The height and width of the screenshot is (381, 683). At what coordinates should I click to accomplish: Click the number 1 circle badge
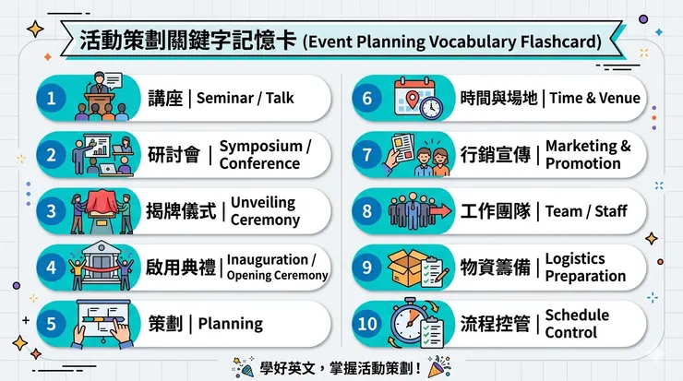point(52,98)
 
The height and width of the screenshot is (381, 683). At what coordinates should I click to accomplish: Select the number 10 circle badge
point(366,324)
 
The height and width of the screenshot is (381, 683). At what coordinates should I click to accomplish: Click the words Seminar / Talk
point(245,98)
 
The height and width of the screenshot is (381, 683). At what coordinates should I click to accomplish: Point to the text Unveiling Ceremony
point(265,211)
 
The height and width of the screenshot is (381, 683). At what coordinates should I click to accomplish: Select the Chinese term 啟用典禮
point(182,268)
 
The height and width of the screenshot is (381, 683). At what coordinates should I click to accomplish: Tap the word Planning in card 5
point(230,324)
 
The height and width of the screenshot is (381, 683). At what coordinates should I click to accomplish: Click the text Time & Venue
point(594,98)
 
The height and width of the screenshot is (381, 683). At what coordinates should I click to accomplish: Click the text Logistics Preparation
point(585,268)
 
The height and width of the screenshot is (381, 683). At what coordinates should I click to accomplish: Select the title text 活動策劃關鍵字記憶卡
point(188,42)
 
